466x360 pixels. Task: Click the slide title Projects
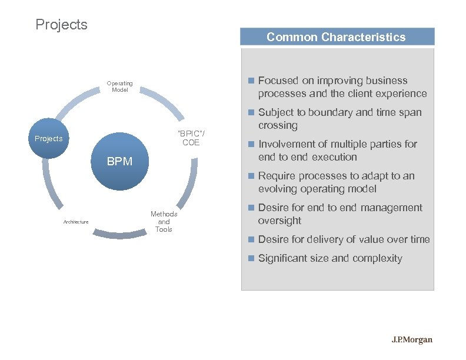[x=61, y=25]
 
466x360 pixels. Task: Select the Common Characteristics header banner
[x=337, y=37]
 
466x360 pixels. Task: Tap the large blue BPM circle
[x=119, y=161]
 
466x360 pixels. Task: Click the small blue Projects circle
[x=49, y=139]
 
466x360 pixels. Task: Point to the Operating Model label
[x=120, y=86]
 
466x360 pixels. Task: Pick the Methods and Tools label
[x=164, y=222]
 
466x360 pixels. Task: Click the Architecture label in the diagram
[x=76, y=222]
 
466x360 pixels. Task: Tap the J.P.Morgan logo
[x=412, y=340]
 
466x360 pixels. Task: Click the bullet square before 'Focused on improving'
[x=251, y=81]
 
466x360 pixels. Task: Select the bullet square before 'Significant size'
[x=251, y=258]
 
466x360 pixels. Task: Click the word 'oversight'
[x=279, y=221]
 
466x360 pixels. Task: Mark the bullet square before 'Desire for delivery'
[x=251, y=239]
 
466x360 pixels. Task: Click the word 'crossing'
[x=278, y=125]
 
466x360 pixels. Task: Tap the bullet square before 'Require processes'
[x=251, y=176]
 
